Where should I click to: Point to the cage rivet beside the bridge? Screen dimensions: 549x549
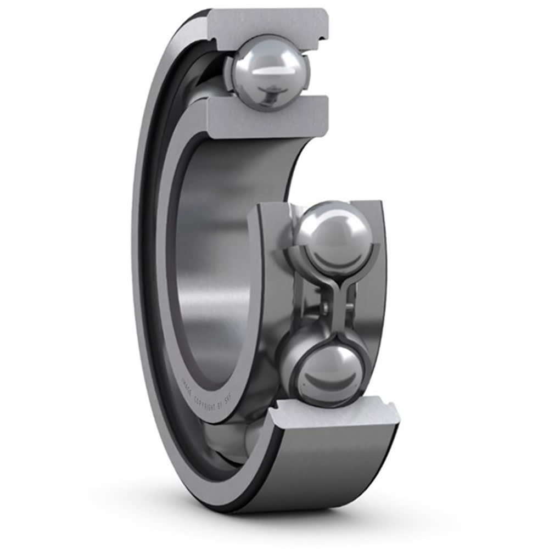pos(324,307)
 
